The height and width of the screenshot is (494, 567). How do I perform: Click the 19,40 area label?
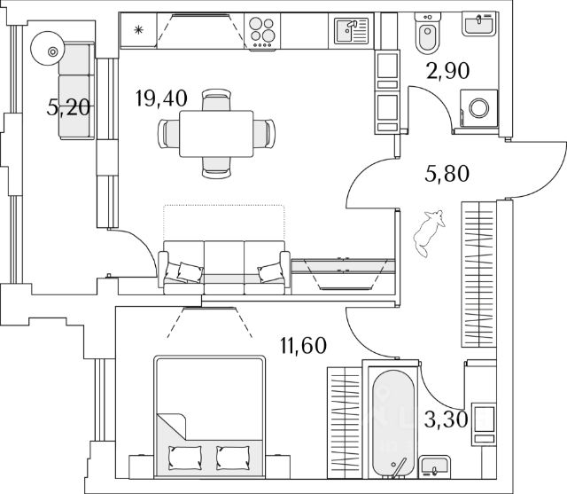click(161, 98)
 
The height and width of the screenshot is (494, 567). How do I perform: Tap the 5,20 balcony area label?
click(68, 107)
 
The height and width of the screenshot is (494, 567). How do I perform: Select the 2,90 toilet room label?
click(448, 71)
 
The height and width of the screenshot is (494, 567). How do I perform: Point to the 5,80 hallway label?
click(447, 173)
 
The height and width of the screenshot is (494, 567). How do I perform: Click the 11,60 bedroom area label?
click(303, 345)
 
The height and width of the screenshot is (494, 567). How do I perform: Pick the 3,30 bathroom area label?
click(447, 420)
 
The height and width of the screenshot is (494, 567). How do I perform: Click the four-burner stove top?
click(262, 32)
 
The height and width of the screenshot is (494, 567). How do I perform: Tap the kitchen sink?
click(351, 31)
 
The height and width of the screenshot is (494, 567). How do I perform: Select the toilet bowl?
click(427, 34)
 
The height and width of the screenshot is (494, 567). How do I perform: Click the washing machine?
click(478, 108)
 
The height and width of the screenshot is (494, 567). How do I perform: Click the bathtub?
click(393, 422)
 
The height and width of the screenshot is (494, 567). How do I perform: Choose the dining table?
click(216, 134)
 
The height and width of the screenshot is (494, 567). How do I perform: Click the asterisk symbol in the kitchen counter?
click(138, 29)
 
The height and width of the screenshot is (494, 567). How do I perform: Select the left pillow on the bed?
click(185, 458)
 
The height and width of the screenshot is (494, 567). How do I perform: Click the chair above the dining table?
click(216, 100)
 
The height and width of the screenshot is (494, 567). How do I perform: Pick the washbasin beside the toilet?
click(478, 23)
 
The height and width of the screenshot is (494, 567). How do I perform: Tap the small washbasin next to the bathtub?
click(434, 467)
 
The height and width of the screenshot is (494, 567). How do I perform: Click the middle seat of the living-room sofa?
click(224, 267)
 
